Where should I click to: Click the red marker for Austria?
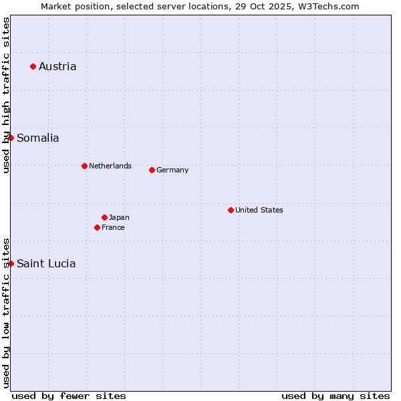[x=33, y=66]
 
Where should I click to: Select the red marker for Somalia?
[x=11, y=138]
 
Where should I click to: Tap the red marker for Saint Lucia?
[x=11, y=263]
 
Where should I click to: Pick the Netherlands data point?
[x=84, y=166]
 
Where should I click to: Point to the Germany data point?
[x=152, y=170]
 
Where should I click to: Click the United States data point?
[x=231, y=210]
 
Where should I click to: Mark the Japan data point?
[x=104, y=217]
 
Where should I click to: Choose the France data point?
[x=97, y=227]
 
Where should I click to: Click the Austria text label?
[x=57, y=66]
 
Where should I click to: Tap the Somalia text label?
[x=38, y=138]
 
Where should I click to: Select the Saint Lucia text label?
[x=46, y=263]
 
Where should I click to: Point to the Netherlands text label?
[x=110, y=166]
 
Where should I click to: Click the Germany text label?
[x=172, y=170]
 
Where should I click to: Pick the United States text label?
[x=259, y=210]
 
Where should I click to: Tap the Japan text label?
[x=119, y=217]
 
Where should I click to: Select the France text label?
[x=113, y=227]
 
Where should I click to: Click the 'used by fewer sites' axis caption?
[x=69, y=396]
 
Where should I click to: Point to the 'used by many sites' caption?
[x=336, y=396]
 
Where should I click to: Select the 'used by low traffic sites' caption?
[x=6, y=313]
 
